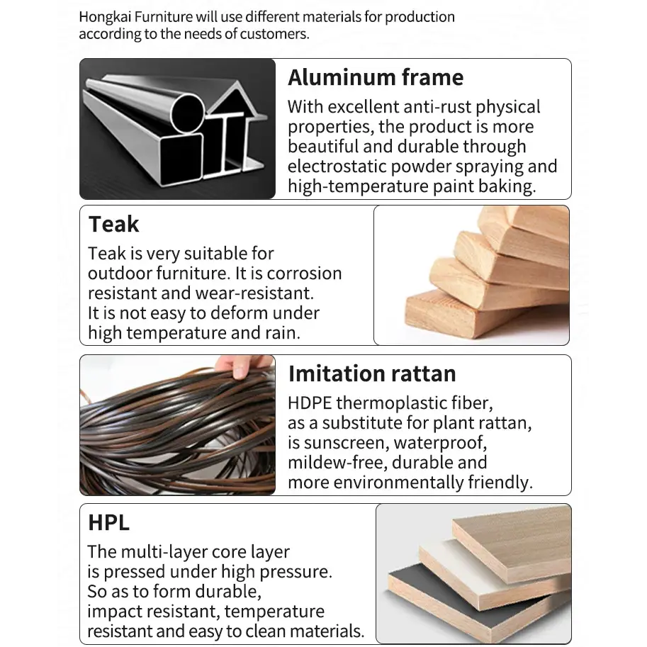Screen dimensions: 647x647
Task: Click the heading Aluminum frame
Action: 376,77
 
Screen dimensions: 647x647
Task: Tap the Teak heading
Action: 113,225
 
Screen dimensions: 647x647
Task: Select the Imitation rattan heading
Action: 372,374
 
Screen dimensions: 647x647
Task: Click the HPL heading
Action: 108,522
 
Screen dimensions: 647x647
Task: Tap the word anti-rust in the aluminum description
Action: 437,107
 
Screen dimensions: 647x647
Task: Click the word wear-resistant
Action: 254,293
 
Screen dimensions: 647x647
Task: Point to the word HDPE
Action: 310,403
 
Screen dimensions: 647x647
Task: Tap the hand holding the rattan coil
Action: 244,366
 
